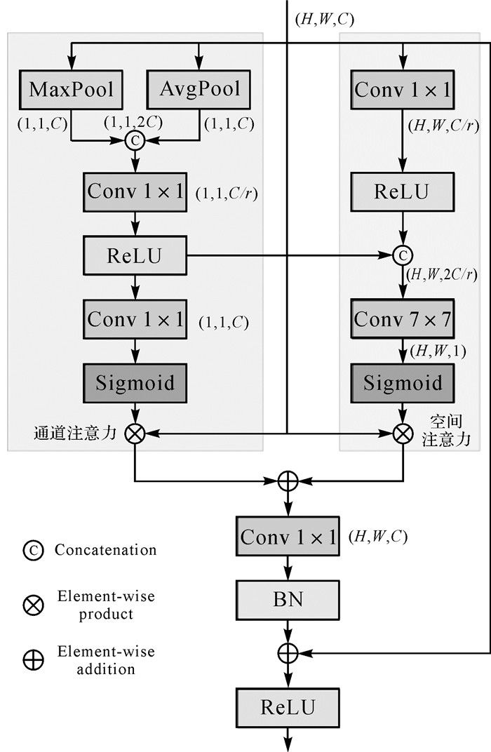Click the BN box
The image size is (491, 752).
(x=288, y=601)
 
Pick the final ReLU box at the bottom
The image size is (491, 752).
(x=288, y=706)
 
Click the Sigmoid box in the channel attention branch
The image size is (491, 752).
(x=135, y=383)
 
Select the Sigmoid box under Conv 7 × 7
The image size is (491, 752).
(x=403, y=383)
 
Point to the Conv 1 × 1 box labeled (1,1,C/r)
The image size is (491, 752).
(x=135, y=192)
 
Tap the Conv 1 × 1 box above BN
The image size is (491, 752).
(x=288, y=537)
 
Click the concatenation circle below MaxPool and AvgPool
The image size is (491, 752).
(x=135, y=141)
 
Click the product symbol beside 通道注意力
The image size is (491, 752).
(x=135, y=434)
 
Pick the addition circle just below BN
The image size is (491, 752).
(x=288, y=652)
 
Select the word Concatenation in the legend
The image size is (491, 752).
(x=105, y=550)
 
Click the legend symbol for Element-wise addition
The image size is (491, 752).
(x=33, y=659)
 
